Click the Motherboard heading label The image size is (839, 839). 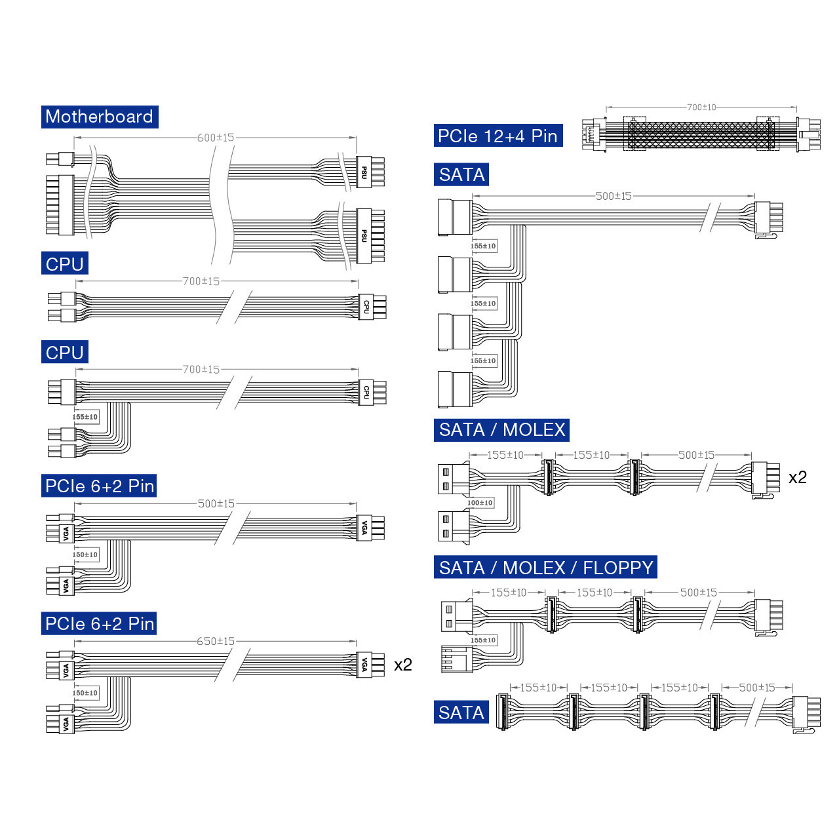tap(100, 117)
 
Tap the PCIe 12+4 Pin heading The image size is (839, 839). tap(498, 136)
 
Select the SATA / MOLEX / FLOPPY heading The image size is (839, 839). tap(545, 567)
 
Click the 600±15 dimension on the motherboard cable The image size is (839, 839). tap(216, 138)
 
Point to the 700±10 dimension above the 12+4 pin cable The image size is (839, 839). tap(701, 107)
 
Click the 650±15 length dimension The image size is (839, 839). tap(216, 641)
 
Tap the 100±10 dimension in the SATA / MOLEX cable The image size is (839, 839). tap(480, 503)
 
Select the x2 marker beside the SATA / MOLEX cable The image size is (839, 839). tap(798, 478)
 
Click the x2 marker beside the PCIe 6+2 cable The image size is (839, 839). tap(402, 665)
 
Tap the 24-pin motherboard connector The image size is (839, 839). tap(60, 205)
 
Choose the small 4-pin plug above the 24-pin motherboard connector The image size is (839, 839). tap(60, 159)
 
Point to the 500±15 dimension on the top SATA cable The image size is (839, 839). tap(613, 197)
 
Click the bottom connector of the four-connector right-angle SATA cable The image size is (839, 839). tap(455, 389)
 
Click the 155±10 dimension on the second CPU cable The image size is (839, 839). tap(85, 417)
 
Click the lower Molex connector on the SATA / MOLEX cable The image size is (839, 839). tap(454, 527)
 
